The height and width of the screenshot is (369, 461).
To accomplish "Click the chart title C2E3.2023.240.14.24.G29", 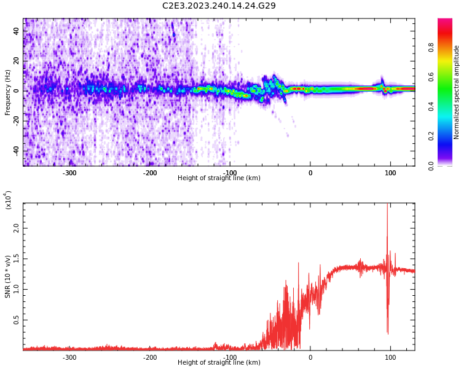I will [219, 6].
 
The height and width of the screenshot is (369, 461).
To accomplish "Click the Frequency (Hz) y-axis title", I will [8, 92].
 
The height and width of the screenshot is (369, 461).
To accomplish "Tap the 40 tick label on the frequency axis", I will [17, 31].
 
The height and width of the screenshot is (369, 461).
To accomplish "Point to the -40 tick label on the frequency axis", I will [15, 151].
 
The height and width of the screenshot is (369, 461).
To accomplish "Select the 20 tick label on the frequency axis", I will [17, 61].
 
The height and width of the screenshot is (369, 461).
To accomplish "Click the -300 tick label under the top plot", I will [69, 173].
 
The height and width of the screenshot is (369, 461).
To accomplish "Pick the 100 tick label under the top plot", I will [390, 173].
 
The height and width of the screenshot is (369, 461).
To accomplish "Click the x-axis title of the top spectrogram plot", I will [219, 178].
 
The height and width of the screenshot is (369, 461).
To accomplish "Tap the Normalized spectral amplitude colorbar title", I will [457, 92].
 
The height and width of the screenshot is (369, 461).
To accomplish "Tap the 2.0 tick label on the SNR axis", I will [17, 228].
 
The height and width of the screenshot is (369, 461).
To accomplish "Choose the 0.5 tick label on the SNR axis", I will [17, 320].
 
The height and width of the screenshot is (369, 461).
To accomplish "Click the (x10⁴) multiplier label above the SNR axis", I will [8, 200].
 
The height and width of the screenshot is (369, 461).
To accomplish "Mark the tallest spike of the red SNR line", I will [387, 205].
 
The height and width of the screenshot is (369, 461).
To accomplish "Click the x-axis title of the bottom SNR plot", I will [219, 363].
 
